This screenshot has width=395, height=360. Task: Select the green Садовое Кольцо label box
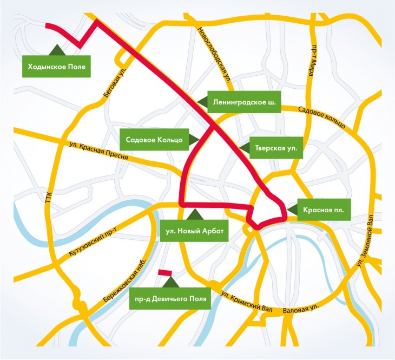154,139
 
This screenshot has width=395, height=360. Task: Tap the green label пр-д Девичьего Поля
171,299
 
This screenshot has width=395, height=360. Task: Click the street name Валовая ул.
301,312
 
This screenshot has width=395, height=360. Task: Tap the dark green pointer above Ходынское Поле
55,49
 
